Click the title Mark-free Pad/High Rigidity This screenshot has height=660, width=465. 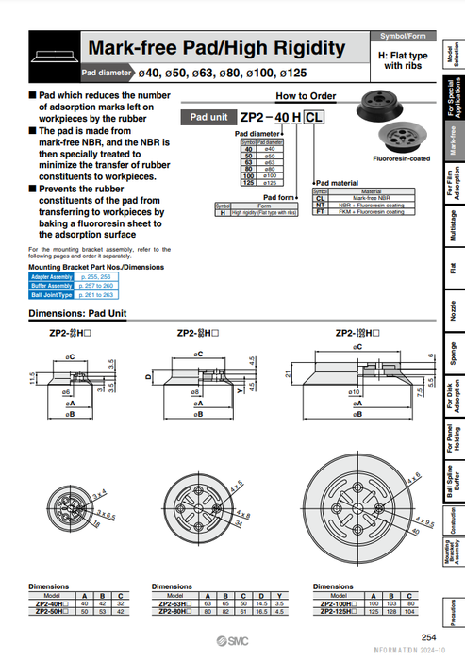(x=215, y=48)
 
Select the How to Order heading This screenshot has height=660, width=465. (x=305, y=96)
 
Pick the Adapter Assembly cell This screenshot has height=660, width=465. (x=51, y=276)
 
